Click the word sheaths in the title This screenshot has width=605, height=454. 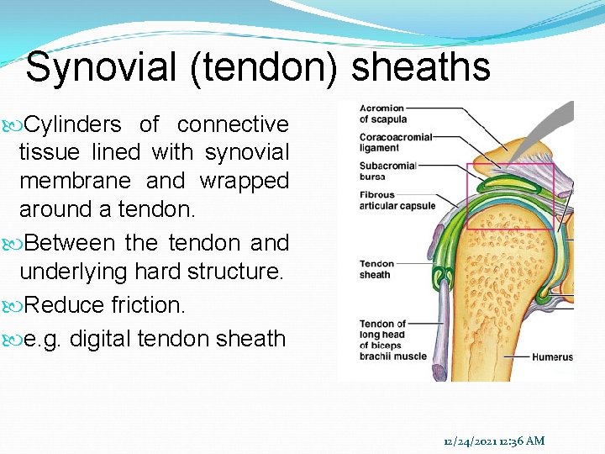[421, 67]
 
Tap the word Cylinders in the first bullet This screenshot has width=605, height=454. [73, 124]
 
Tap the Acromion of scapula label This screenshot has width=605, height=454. [381, 113]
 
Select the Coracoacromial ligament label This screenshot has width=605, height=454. [395, 142]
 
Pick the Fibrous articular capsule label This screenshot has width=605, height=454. [397, 200]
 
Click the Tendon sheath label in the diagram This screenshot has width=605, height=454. [376, 269]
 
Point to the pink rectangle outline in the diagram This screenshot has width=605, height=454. [510, 165]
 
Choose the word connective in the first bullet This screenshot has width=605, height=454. [233, 124]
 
